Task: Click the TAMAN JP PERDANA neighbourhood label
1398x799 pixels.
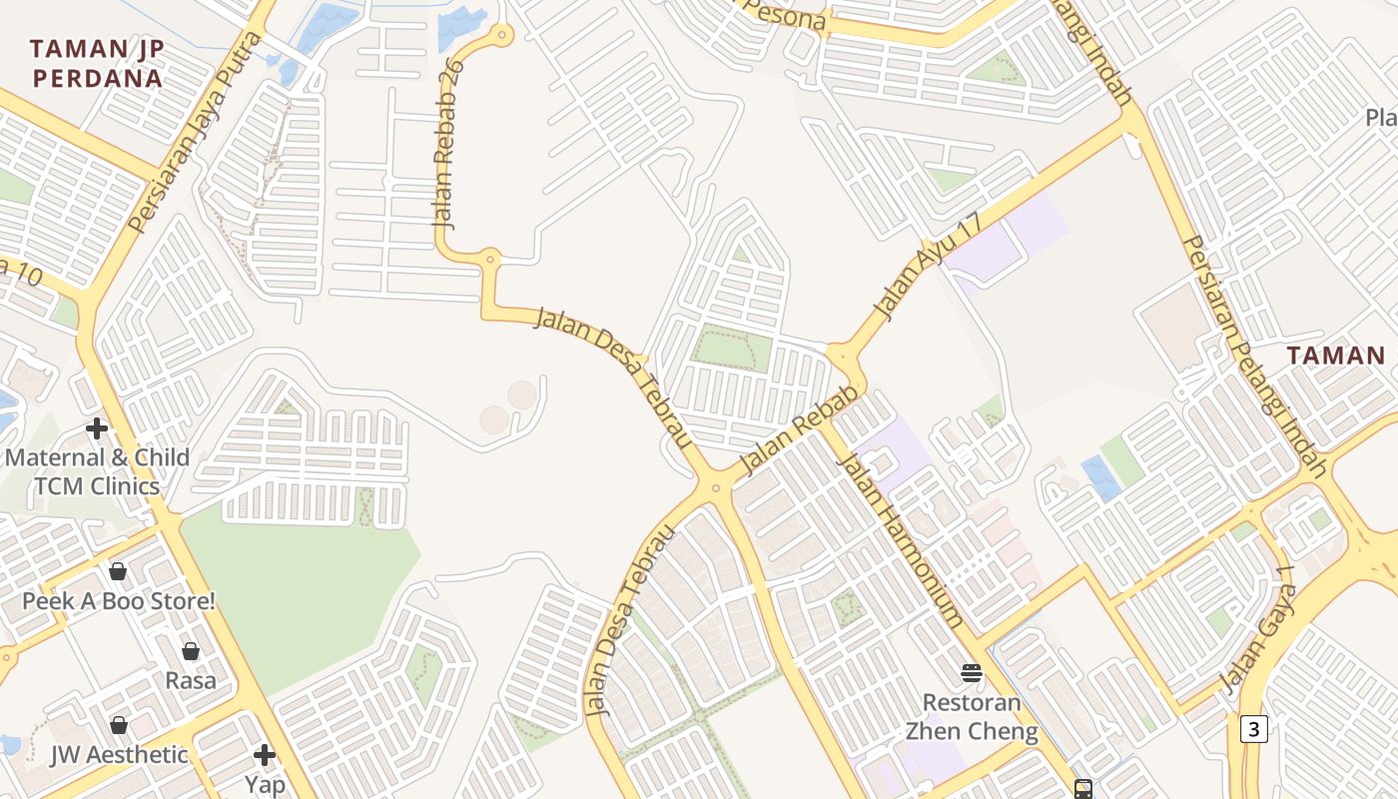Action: pos(96,63)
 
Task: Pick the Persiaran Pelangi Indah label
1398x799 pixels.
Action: pos(1252,356)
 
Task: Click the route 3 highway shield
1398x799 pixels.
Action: pos(1254,729)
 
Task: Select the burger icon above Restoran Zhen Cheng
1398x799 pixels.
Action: pos(972,672)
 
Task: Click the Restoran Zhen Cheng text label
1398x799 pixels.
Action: pos(972,717)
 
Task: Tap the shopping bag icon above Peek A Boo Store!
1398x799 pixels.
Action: pos(118,571)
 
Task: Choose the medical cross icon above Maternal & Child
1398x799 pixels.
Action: pos(97,428)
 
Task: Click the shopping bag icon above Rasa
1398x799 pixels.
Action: pos(191,651)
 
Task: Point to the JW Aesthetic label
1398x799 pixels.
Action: pos(119,754)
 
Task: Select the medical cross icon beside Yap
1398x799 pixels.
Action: pos(265,754)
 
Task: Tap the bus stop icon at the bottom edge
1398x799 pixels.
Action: pos(1083,789)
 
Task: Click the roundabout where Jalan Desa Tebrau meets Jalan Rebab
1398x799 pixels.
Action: pos(715,487)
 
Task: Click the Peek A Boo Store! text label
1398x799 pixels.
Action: pos(119,601)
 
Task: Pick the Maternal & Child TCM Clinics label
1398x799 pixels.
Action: pos(97,471)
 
